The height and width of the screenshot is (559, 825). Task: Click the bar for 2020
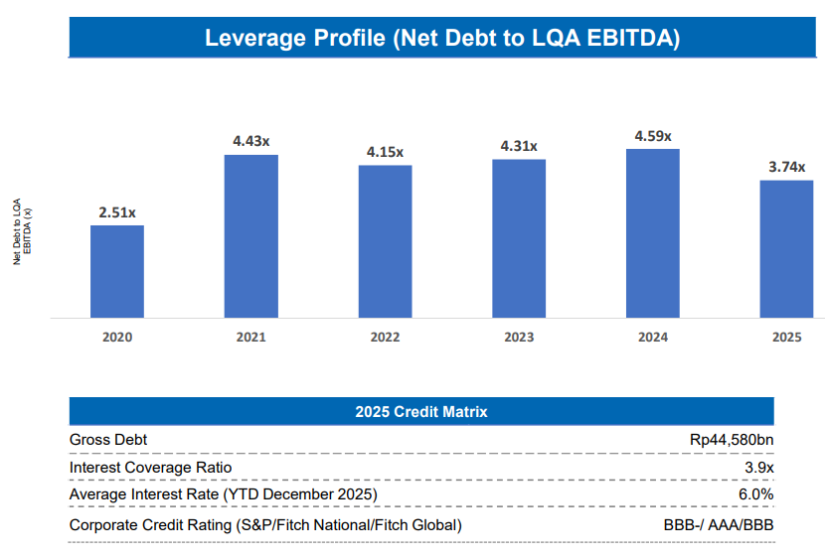click(117, 271)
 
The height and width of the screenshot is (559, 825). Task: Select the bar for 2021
click(251, 236)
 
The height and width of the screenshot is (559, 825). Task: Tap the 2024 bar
click(653, 233)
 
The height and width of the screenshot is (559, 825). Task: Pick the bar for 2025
click(786, 249)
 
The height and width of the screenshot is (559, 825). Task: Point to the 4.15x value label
click(385, 152)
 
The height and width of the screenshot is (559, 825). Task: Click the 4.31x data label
click(519, 146)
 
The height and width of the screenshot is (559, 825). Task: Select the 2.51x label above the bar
click(117, 212)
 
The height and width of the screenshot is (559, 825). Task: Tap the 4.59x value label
click(653, 136)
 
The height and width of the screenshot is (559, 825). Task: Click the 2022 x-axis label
click(385, 338)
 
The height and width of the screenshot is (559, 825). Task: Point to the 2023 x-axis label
click(519, 338)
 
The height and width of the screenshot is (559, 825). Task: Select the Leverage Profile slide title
click(442, 39)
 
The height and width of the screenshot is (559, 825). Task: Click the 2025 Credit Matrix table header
click(421, 411)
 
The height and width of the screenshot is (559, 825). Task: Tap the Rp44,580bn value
click(732, 439)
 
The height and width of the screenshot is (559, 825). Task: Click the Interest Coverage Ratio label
click(150, 467)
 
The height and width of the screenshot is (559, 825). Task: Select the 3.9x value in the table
click(759, 467)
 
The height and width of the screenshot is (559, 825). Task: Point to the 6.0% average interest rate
click(757, 493)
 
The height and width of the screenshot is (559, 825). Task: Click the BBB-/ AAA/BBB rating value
click(719, 524)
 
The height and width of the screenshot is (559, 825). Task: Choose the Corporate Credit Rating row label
click(265, 524)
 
